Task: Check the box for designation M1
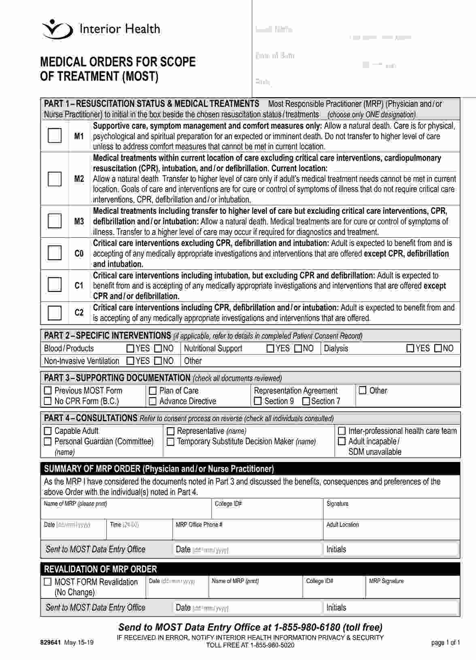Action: pyautogui.click(x=55, y=135)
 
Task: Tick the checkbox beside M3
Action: pyautogui.click(x=55, y=221)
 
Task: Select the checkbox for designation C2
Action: pyautogui.click(x=55, y=313)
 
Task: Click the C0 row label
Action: pyautogui.click(x=79, y=253)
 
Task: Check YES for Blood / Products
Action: pyautogui.click(x=130, y=348)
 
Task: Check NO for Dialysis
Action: pyautogui.click(x=438, y=348)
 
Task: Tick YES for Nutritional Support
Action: pyautogui.click(x=270, y=348)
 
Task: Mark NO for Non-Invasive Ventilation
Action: pyautogui.click(x=158, y=361)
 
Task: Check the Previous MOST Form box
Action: pyautogui.click(x=48, y=391)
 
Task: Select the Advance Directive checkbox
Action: pyautogui.click(x=153, y=401)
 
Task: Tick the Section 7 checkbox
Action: pyautogui.click(x=306, y=401)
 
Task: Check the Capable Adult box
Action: pyautogui.click(x=48, y=431)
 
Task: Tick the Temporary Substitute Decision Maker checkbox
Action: pyautogui.click(x=170, y=442)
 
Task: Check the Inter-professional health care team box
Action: pyautogui.click(x=342, y=431)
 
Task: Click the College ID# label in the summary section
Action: pyautogui.click(x=228, y=504)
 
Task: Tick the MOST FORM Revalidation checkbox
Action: pyautogui.click(x=48, y=582)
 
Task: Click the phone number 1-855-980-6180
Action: pyautogui.click(x=307, y=627)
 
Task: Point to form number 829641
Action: pyautogui.click(x=50, y=642)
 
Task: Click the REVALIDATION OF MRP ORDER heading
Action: pyautogui.click(x=100, y=569)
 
